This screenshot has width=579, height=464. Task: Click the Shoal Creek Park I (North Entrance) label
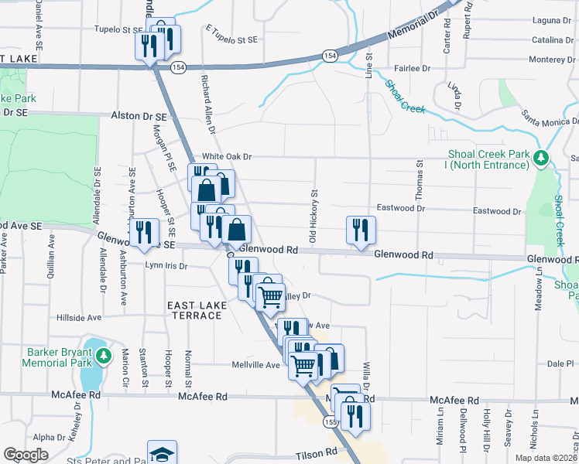pos(488,159)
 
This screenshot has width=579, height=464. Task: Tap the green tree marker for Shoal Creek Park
pos(542,159)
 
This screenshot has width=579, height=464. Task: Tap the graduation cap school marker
pos(163,453)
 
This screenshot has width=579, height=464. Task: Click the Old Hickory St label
pos(314,217)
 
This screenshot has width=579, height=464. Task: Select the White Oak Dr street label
pos(227,156)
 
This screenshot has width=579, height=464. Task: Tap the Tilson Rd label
pos(317,451)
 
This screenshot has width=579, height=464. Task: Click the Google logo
pos(26,455)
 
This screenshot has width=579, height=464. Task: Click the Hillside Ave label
pos(79,318)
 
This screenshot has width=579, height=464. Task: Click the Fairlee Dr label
pos(413,68)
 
